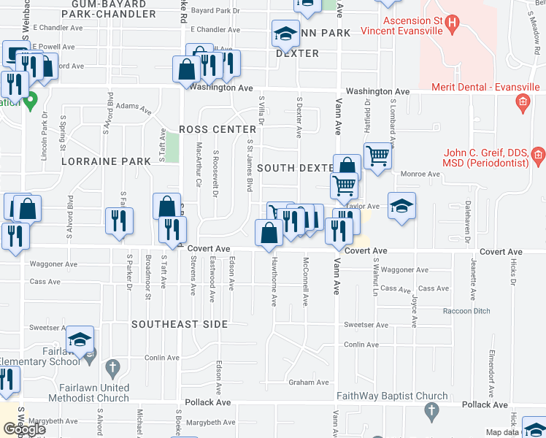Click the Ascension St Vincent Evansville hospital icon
coord(453,26)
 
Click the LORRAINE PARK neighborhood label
coord(100,161)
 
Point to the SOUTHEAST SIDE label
coord(180,323)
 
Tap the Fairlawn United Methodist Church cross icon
coord(112,366)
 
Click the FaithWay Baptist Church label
coord(392,396)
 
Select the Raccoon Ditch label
coord(467,311)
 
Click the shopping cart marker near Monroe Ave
coord(377,155)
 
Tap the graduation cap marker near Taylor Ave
coord(401,206)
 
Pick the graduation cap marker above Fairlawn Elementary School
coord(80,339)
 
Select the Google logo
coord(24,429)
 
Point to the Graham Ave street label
coord(308,382)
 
